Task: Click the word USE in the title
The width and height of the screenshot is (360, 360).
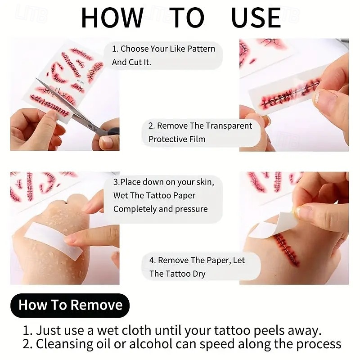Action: pyautogui.click(x=256, y=18)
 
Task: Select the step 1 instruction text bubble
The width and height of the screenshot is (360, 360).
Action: pyautogui.click(x=164, y=55)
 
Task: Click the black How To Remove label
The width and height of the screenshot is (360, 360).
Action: pyautogui.click(x=70, y=305)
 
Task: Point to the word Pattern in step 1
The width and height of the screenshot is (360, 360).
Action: pyautogui.click(x=198, y=49)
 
